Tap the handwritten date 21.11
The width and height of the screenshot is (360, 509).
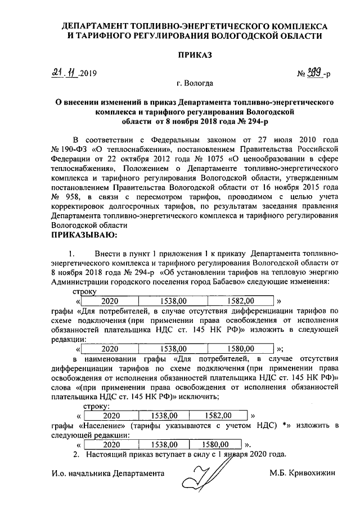(64, 73)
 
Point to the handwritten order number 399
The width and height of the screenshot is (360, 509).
(313, 73)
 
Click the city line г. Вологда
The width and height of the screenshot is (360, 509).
(195, 84)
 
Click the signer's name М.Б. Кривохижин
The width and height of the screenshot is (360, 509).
(303, 473)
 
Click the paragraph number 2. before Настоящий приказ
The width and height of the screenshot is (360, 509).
(78, 454)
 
